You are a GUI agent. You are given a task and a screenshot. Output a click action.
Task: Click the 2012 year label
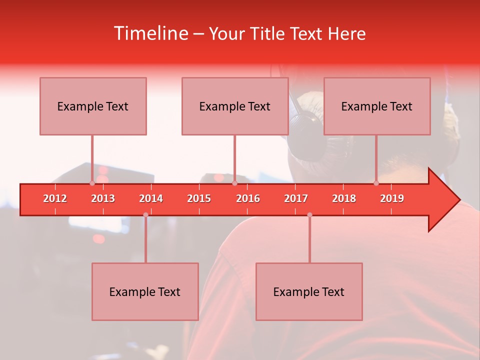click(55, 198)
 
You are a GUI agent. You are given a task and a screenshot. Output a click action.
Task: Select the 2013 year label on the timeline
click(103, 198)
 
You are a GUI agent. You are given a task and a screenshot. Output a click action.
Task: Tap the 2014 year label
click(151, 198)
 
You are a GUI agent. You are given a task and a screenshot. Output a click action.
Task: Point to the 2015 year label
click(199, 198)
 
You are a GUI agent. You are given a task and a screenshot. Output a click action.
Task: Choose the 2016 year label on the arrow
click(248, 198)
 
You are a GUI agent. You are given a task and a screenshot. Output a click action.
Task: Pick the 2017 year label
click(296, 198)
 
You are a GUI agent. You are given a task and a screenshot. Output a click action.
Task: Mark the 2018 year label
click(344, 198)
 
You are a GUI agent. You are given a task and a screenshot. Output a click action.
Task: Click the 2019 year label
click(392, 198)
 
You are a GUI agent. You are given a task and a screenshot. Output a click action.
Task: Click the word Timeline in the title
click(150, 33)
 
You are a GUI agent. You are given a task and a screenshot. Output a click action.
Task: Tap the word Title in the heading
click(269, 33)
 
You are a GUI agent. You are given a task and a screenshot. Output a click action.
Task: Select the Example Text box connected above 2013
click(93, 106)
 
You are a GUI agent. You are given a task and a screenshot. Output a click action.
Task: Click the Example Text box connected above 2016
click(235, 106)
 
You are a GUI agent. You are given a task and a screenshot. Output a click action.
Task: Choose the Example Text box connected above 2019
click(377, 106)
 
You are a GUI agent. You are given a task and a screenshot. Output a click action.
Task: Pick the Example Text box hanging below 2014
click(145, 291)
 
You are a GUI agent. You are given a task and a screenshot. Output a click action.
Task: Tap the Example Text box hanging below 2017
click(309, 291)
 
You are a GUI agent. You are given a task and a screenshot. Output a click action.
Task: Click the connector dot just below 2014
click(145, 215)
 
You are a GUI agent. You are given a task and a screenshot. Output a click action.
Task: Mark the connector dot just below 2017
click(309, 215)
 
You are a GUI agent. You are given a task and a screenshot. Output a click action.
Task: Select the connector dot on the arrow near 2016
click(234, 183)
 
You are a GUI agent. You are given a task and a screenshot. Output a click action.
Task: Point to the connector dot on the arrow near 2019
click(376, 183)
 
